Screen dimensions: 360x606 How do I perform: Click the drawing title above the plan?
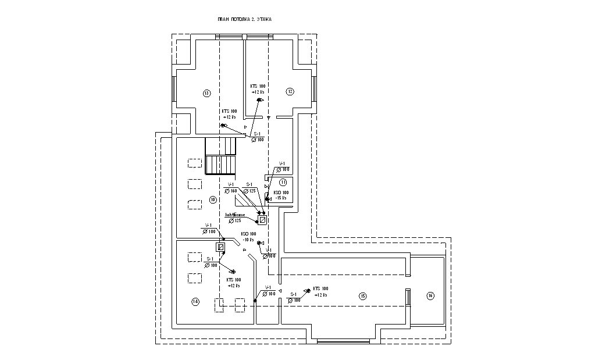[245, 19]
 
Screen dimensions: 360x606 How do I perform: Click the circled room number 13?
[206, 92]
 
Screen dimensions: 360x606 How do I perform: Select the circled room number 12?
[289, 91]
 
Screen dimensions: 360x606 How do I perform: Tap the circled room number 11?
[283, 182]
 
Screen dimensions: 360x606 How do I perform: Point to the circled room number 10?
[213, 199]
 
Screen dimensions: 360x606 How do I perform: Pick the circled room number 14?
[195, 301]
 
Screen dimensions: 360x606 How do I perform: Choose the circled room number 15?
[362, 296]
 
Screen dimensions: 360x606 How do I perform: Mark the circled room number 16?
[430, 296]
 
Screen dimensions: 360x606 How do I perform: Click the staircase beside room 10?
[220, 157]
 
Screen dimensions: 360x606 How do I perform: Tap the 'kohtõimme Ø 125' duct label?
[236, 218]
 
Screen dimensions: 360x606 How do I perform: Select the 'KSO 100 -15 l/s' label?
[281, 195]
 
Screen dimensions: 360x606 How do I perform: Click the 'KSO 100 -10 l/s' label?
[249, 237]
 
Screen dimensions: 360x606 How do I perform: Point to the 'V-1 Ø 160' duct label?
[231, 187]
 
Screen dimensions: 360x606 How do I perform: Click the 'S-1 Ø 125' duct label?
[249, 187]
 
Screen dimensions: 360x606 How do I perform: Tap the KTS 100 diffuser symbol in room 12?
[259, 100]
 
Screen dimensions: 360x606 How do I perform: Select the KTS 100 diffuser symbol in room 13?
[223, 126]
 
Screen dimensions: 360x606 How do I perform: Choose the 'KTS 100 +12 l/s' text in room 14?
[234, 283]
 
